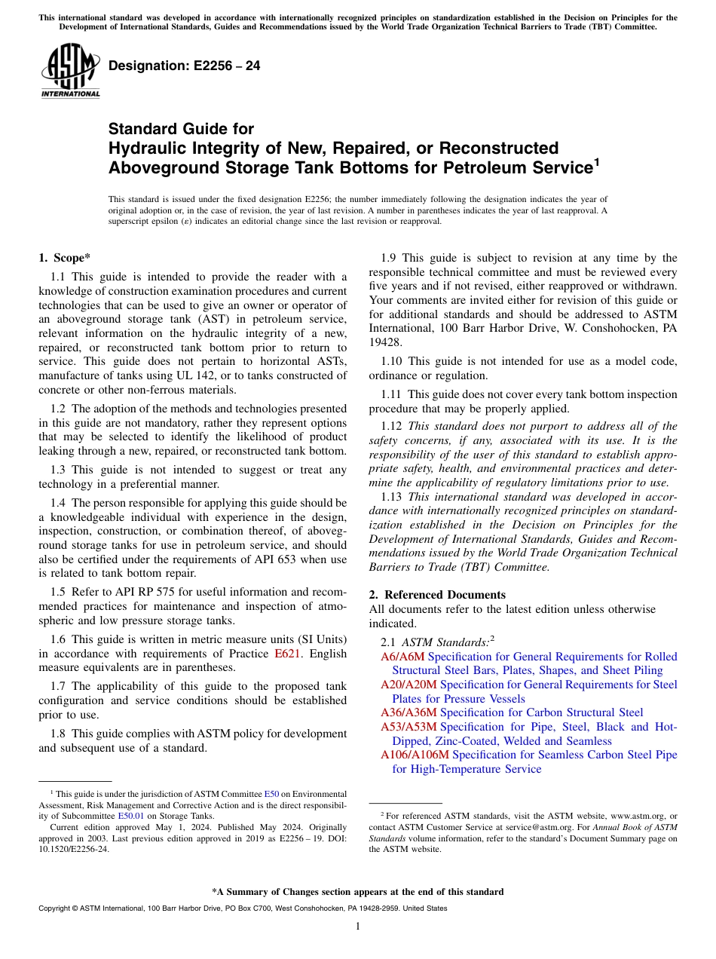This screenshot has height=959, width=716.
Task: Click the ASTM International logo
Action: [x=69, y=72]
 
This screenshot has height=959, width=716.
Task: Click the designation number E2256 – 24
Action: [x=185, y=66]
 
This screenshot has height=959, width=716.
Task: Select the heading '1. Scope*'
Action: [x=65, y=258]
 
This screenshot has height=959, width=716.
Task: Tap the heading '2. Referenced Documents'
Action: [x=437, y=595]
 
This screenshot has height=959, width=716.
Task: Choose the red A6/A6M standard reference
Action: [x=402, y=657]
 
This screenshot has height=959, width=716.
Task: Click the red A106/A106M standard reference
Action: [x=415, y=755]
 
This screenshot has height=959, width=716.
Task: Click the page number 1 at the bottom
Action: [x=358, y=927]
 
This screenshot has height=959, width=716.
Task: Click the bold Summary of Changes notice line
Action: [x=358, y=892]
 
